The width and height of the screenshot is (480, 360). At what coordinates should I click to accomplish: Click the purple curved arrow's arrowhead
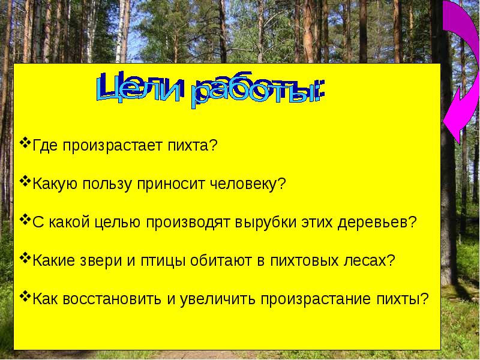tap(454, 117)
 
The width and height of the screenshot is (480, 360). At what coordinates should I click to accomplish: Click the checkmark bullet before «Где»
tap(25, 143)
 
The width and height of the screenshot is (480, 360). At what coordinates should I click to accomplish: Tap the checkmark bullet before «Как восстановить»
tap(25, 296)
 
